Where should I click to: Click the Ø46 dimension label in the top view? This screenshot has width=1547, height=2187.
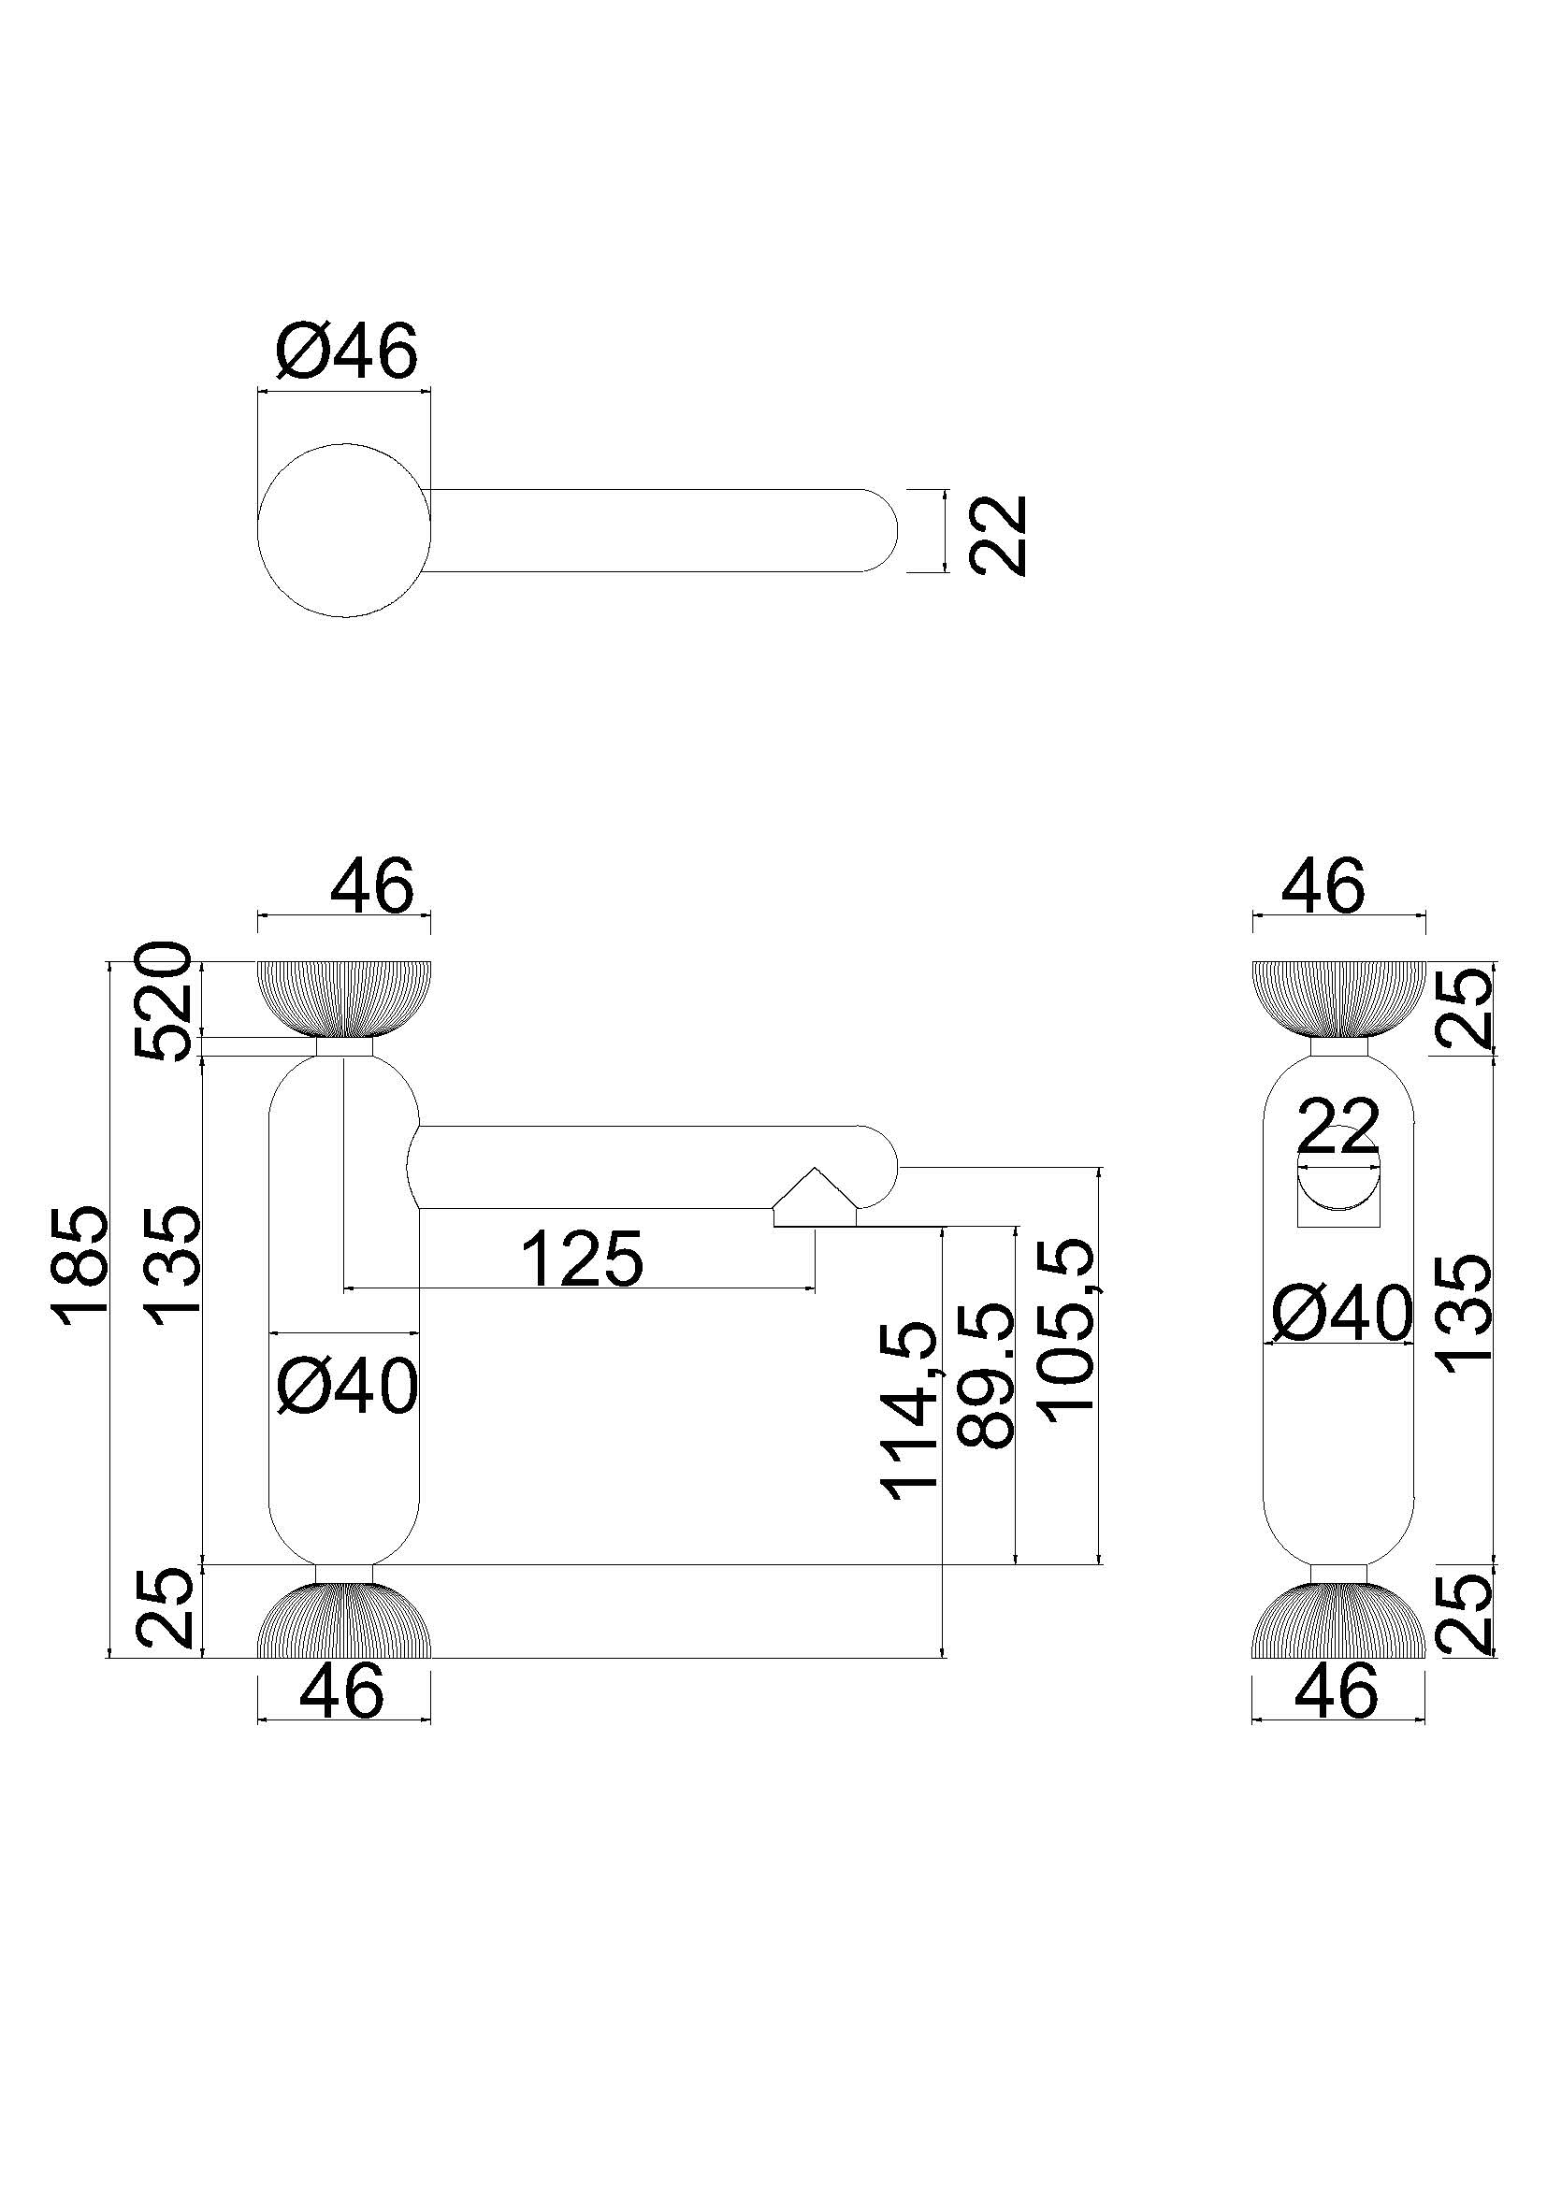[346, 352]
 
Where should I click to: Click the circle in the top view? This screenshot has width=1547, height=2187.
[344, 529]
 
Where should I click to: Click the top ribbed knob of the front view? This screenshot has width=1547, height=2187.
[344, 998]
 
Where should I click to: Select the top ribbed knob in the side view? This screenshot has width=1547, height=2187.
[1338, 998]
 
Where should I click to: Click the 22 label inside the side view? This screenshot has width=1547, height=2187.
[1338, 1127]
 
